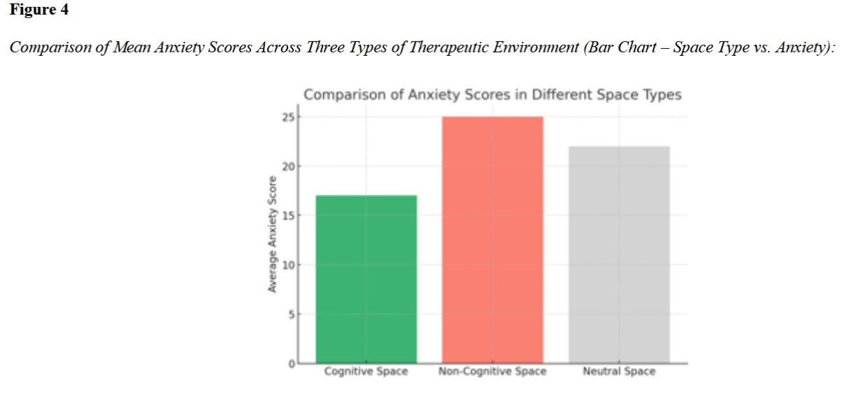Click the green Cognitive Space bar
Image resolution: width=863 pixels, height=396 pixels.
pos(366,279)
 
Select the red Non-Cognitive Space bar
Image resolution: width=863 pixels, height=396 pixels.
pos(492,240)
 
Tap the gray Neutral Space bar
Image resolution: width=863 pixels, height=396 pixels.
pos(619,254)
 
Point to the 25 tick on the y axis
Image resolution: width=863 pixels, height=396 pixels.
pos(289,117)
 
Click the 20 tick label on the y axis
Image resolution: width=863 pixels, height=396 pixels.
pos(289,167)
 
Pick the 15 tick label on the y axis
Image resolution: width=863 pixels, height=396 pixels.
pos(289,216)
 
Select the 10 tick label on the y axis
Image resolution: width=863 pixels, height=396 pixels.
pos(289,265)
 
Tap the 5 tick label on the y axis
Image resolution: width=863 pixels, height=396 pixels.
pos(292,314)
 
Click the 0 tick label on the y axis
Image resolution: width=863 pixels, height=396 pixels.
pos(292,364)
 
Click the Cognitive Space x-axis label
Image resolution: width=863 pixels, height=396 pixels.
pos(366,372)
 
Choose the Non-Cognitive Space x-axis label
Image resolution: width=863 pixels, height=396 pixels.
pos(492,372)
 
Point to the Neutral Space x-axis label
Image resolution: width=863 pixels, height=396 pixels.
pos(619,372)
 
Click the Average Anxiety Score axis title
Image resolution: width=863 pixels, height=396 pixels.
pos(272,235)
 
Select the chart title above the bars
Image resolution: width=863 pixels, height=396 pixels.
pos(492,95)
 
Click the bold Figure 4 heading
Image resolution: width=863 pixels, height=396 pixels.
pos(39,10)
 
